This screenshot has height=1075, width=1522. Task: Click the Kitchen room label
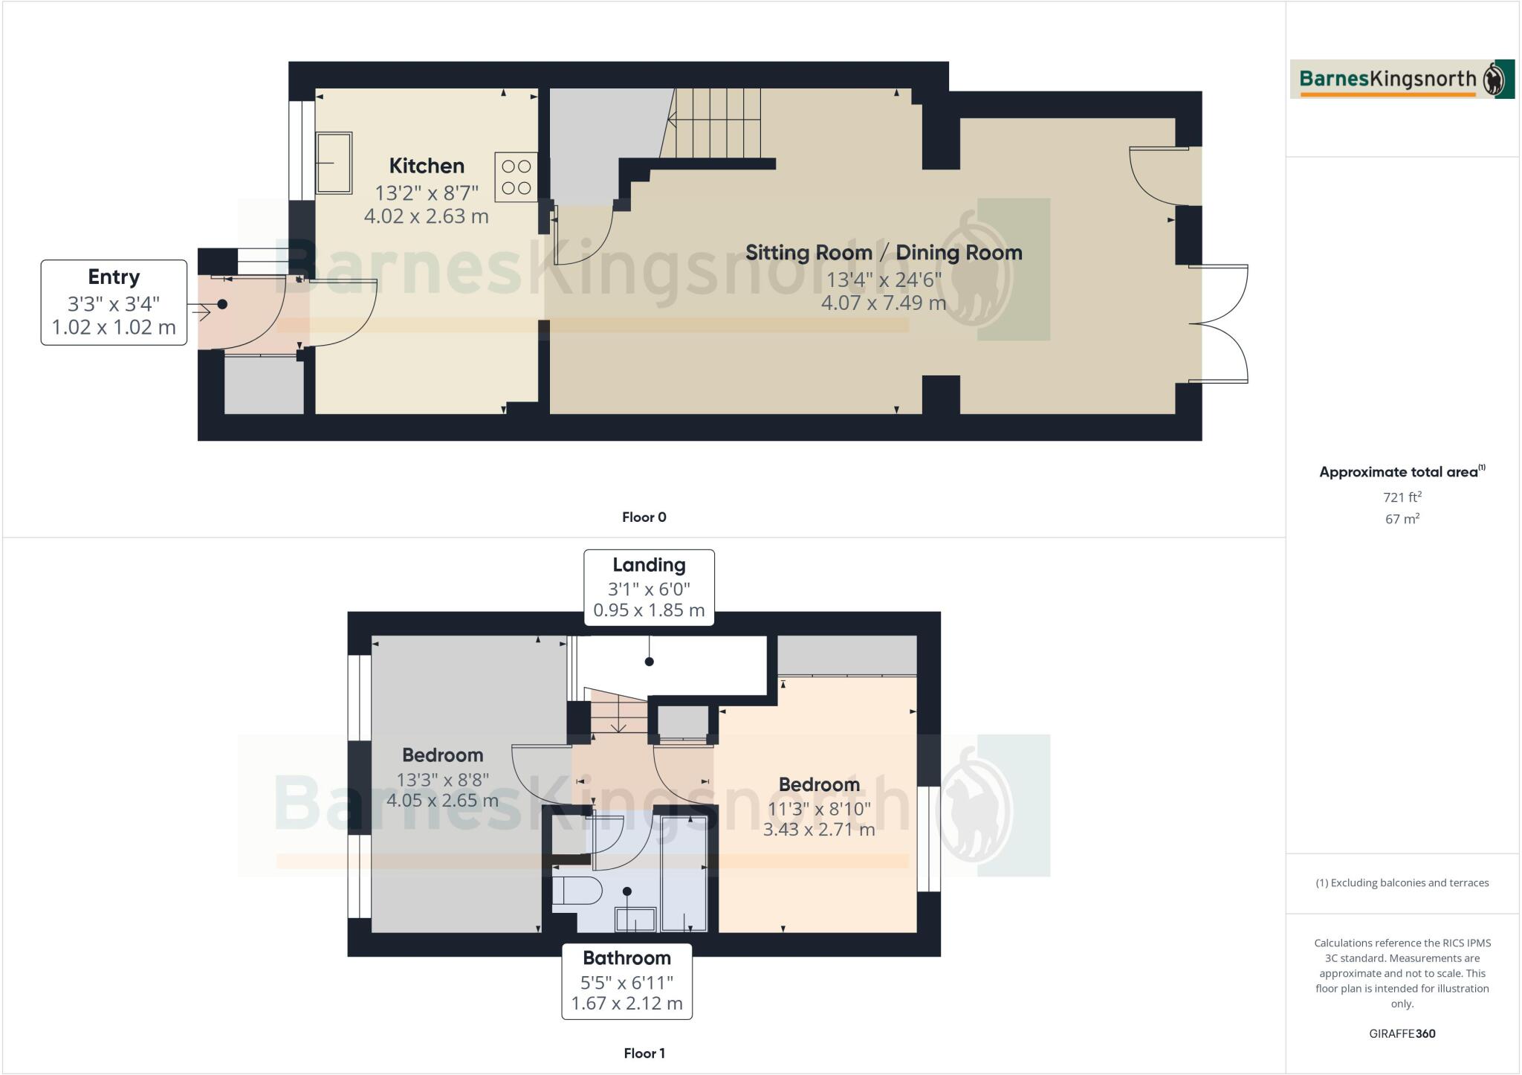tap(427, 166)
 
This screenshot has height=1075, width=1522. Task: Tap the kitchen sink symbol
tap(334, 163)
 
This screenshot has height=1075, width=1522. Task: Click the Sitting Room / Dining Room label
tap(884, 253)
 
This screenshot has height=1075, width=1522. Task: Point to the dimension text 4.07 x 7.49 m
tap(883, 303)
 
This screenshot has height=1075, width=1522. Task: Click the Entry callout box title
tap(114, 277)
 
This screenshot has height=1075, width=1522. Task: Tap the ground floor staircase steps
tap(717, 123)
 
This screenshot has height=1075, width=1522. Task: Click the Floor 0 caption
tap(644, 517)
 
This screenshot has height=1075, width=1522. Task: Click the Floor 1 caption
tap(644, 1053)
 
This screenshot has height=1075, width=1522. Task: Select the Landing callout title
tap(649, 565)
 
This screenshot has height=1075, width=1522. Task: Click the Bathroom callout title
tap(626, 958)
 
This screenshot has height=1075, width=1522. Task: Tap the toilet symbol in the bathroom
tap(577, 890)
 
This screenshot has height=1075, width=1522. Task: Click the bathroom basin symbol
tap(635, 920)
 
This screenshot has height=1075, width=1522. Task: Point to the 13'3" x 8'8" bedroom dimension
tap(442, 780)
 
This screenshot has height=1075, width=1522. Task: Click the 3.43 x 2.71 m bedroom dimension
tap(819, 830)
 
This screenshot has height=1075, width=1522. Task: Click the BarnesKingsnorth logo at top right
tap(1402, 80)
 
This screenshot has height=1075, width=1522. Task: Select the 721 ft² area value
tap(1402, 497)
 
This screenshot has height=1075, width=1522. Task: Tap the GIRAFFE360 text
tap(1402, 1034)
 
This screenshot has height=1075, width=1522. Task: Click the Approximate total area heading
tap(1400, 472)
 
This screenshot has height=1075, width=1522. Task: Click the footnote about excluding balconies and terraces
tap(1402, 883)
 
